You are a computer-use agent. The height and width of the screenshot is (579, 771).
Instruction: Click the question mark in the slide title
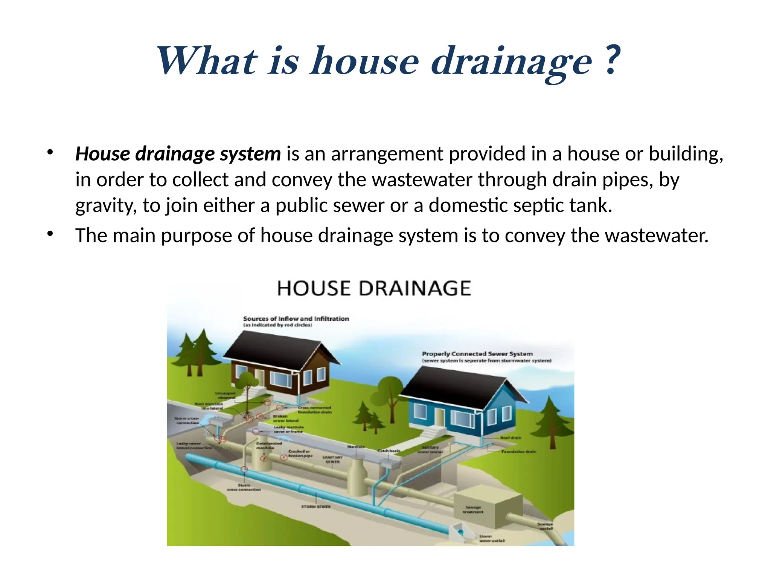tap(613, 60)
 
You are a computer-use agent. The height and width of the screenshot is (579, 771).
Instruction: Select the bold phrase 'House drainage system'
tap(178, 154)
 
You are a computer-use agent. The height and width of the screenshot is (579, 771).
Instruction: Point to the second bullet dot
tap(50, 234)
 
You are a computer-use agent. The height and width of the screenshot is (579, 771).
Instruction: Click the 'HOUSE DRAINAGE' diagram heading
tap(374, 288)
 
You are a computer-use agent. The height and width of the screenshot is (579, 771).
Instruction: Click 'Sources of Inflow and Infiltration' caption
tap(296, 319)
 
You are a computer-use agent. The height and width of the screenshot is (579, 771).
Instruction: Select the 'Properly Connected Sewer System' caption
tap(477, 354)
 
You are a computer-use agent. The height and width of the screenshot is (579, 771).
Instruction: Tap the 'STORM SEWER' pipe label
tap(316, 507)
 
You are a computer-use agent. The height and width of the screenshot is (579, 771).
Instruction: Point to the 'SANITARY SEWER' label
tap(332, 459)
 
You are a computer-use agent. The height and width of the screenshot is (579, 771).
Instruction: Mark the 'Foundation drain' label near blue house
tap(518, 451)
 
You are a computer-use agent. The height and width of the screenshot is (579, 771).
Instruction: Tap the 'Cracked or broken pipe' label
tap(300, 453)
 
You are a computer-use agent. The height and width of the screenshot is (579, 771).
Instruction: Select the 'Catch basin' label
tap(389, 450)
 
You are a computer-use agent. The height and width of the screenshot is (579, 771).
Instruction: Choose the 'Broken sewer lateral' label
tap(285, 418)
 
